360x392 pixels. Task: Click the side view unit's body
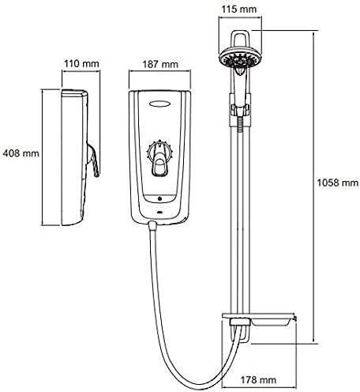click(x=71, y=158)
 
